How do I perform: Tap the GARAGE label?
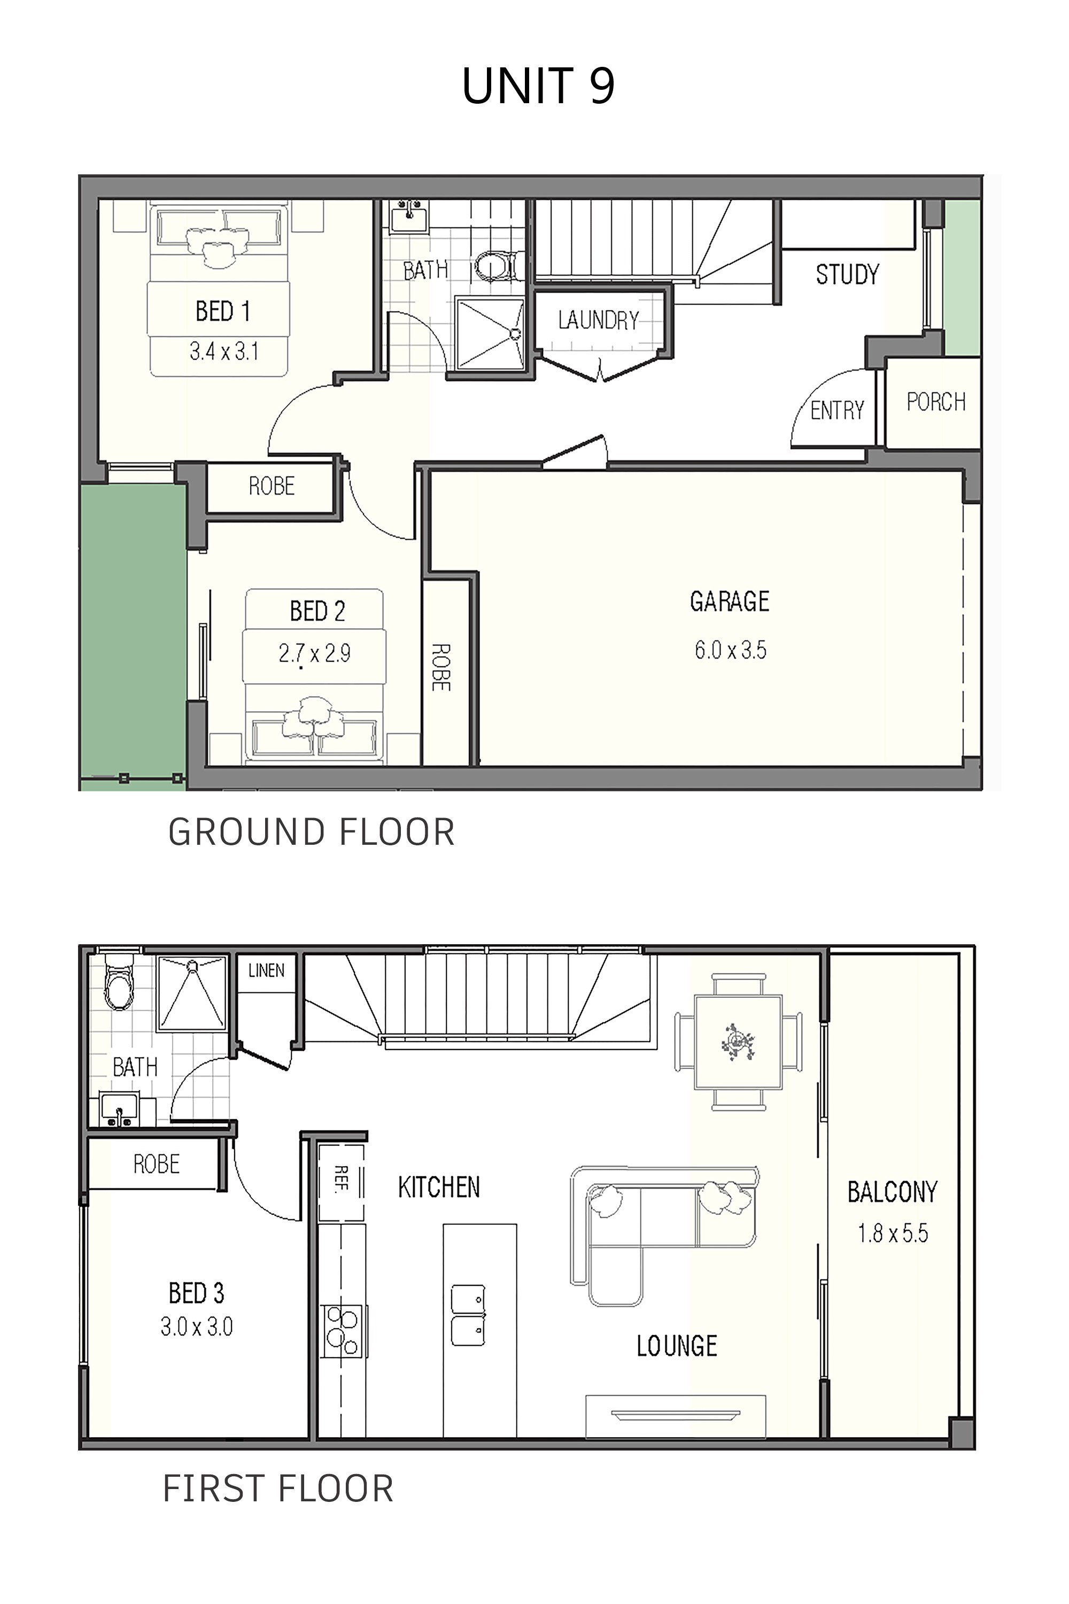point(730,601)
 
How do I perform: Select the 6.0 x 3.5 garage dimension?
point(730,650)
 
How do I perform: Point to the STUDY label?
point(847,274)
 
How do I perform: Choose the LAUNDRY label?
point(599,320)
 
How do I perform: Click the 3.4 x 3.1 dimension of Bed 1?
point(223,351)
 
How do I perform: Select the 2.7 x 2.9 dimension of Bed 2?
point(314,653)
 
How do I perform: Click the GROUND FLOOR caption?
point(312,832)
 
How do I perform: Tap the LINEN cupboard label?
point(266,970)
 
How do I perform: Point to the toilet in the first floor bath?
point(120,983)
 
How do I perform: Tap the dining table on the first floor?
point(738,1042)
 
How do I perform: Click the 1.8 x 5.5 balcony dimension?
point(893,1233)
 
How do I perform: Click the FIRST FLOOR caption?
point(278,1489)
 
